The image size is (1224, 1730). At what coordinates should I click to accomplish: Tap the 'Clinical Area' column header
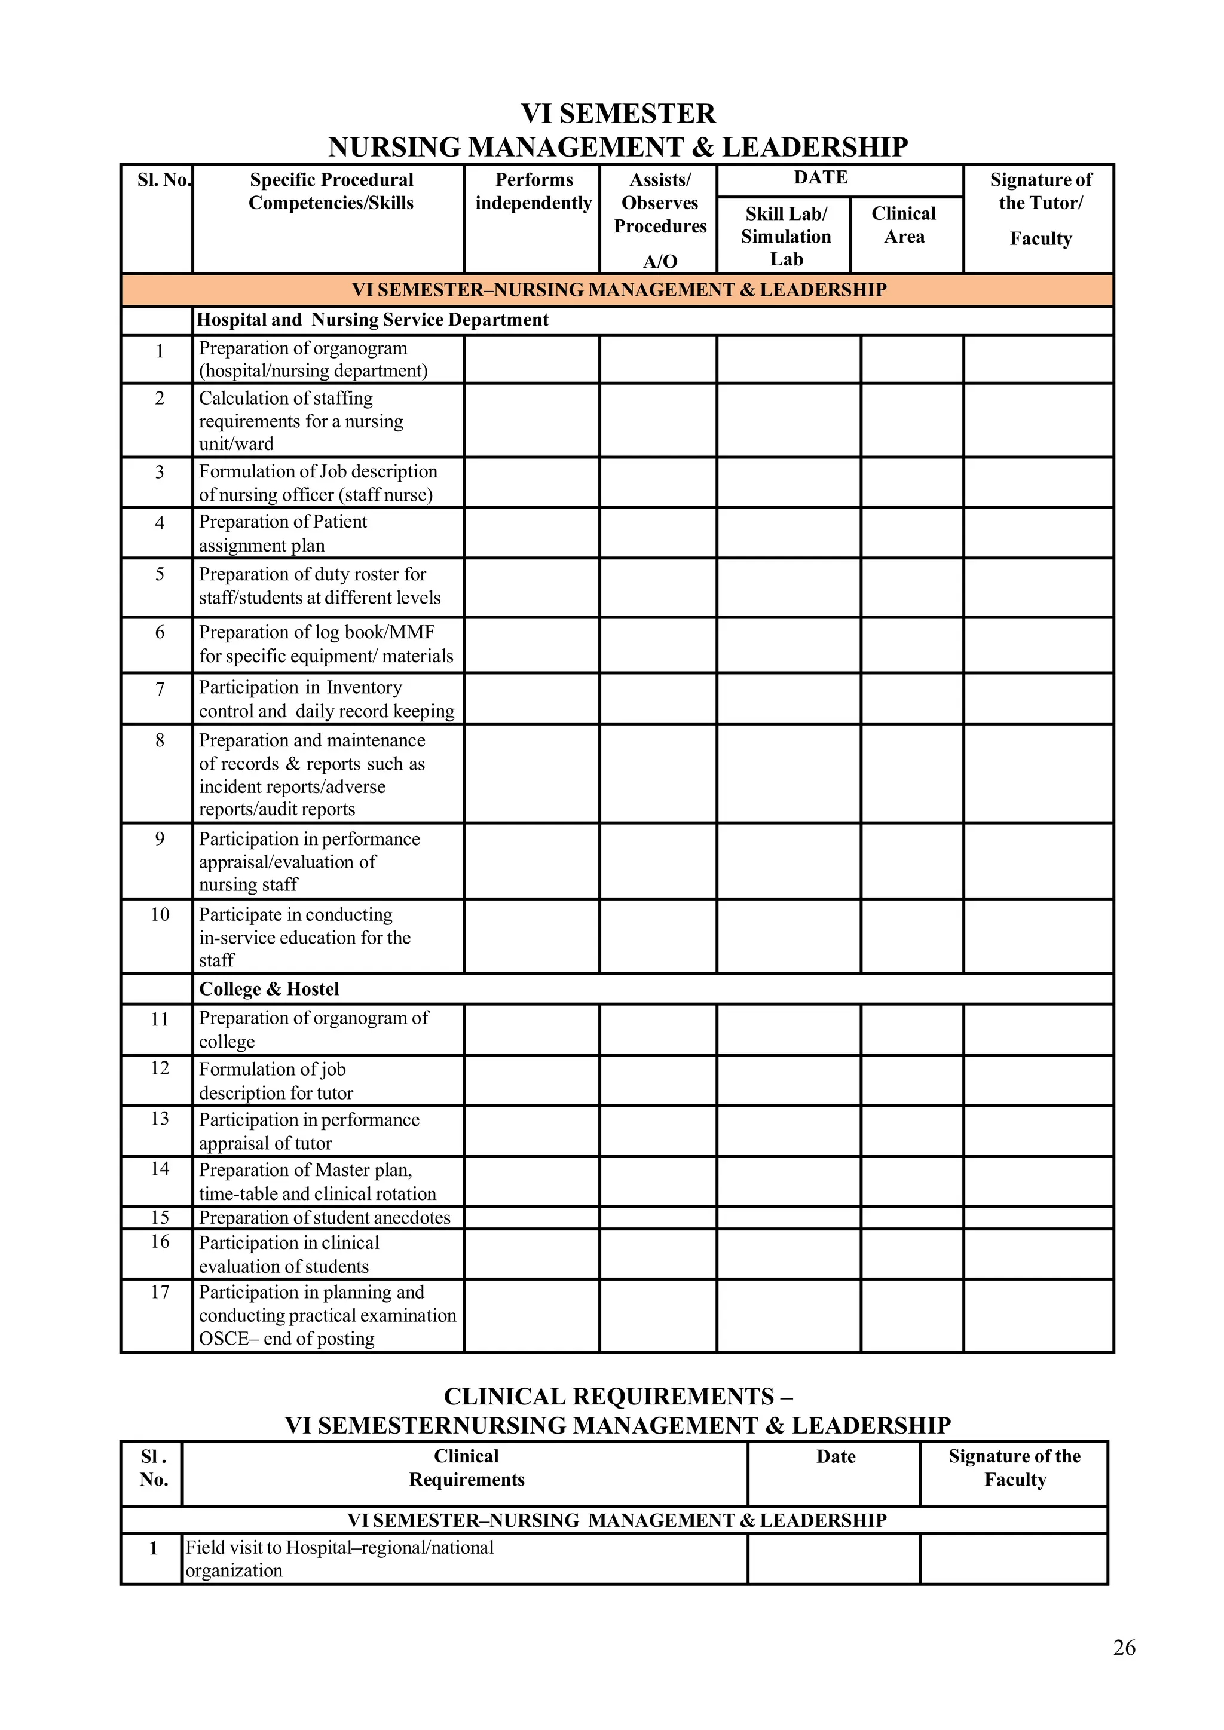tap(904, 225)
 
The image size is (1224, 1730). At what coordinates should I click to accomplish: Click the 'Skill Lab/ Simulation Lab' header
tap(785, 236)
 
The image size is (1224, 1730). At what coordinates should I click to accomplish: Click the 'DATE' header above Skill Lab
tap(821, 178)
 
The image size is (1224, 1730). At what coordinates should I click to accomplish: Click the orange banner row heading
tap(618, 290)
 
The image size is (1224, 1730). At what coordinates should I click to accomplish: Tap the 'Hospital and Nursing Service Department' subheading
tap(372, 320)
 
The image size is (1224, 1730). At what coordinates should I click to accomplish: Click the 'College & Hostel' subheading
tap(269, 990)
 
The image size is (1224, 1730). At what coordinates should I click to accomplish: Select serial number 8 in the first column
tap(160, 740)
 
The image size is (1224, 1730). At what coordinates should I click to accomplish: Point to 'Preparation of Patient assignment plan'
tap(283, 534)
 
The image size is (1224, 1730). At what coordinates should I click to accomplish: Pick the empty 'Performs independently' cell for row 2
tap(531, 421)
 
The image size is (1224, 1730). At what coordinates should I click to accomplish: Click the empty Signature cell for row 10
tap(1038, 936)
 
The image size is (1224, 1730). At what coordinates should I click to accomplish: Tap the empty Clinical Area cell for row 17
tap(911, 1316)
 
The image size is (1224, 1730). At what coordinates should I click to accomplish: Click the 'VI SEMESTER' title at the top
tap(618, 114)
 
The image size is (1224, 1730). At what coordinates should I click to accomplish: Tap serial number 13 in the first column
tap(160, 1119)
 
